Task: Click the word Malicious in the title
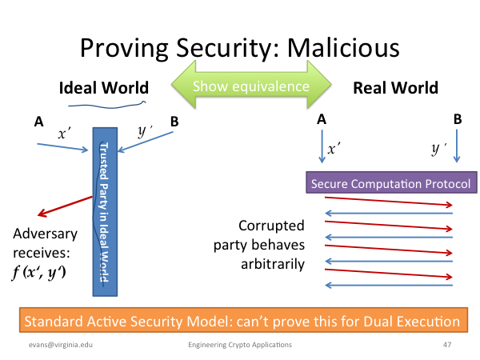[343, 48]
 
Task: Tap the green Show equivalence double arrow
[251, 85]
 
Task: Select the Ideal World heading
[104, 88]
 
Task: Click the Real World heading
[395, 88]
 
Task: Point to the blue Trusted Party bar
[105, 212]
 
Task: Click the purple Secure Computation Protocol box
[391, 182]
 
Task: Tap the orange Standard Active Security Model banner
[243, 320]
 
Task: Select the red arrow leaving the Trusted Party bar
[65, 206]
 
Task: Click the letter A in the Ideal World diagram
[39, 122]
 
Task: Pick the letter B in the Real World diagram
[458, 119]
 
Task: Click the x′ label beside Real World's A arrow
[334, 149]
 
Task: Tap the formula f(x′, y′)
[39, 272]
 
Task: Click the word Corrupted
[271, 226]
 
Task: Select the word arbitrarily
[273, 264]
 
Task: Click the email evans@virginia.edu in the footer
[61, 345]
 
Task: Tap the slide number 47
[447, 345]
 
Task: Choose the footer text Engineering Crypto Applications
[240, 345]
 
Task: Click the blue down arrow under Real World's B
[457, 146]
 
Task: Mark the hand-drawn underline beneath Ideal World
[107, 106]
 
